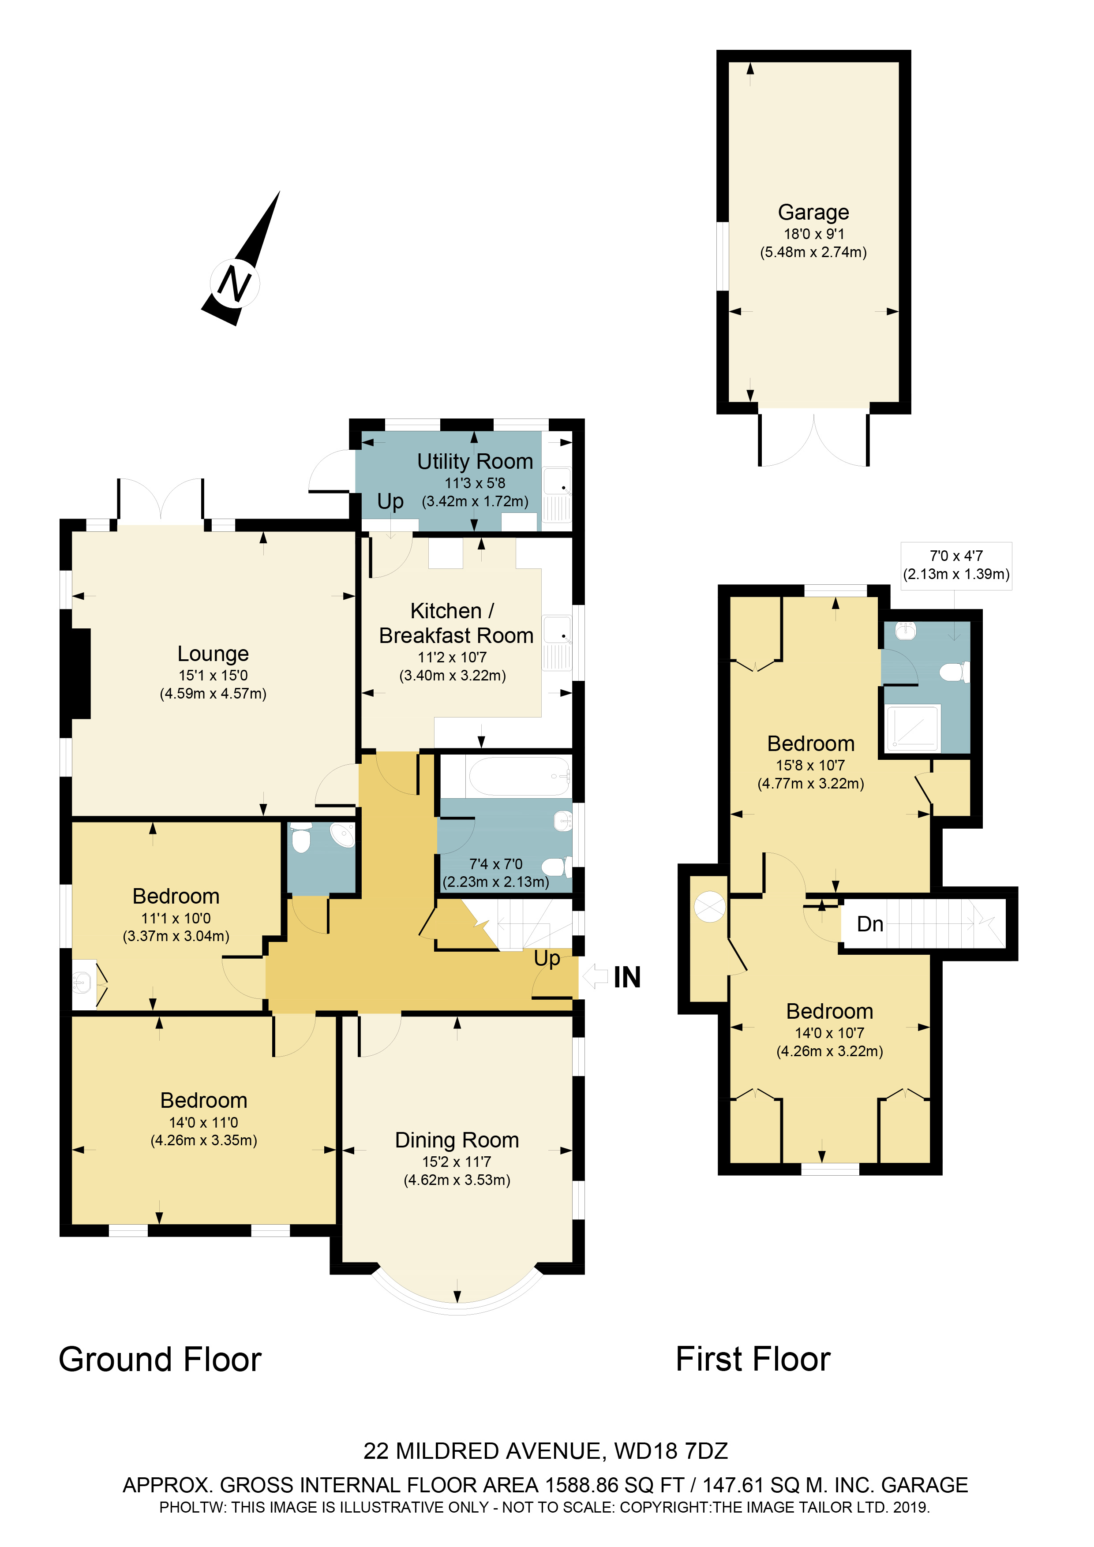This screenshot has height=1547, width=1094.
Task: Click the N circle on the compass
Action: coord(235,283)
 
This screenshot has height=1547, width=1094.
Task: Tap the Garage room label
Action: coord(813,212)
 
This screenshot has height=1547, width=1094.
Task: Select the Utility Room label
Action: coord(475,462)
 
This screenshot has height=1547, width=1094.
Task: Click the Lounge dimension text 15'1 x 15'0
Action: coord(213,675)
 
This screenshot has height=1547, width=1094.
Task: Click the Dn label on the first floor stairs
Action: coord(869,924)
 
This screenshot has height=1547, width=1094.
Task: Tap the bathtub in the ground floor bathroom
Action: coord(518,776)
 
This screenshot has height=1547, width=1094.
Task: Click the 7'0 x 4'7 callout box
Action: coord(956,565)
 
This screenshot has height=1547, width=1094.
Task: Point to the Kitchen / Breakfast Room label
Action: coord(456,623)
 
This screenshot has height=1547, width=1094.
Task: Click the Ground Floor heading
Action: coord(160,1359)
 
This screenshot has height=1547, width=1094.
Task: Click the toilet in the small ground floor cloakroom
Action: coord(301,840)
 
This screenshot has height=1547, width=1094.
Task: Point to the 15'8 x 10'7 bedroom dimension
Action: coord(810,766)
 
